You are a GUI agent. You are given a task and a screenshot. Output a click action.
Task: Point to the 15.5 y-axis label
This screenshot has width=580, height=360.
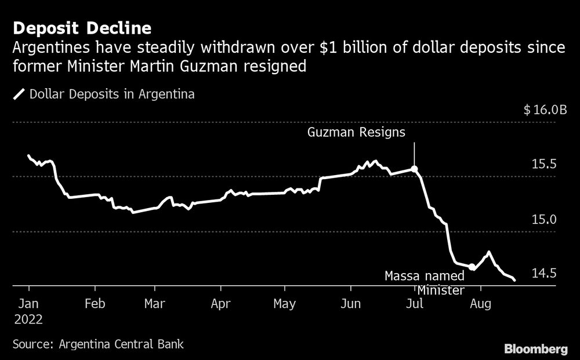(x=544, y=165)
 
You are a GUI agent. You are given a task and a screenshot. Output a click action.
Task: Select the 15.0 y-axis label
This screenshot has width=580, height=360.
(x=544, y=219)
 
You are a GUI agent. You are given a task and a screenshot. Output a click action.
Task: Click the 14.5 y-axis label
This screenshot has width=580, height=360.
(x=544, y=273)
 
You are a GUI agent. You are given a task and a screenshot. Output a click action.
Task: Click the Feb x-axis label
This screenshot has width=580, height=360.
(x=94, y=303)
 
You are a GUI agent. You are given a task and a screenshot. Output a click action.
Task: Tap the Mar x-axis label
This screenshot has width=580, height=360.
(x=154, y=303)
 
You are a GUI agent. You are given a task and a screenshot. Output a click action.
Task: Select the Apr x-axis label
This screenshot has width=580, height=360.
(x=221, y=303)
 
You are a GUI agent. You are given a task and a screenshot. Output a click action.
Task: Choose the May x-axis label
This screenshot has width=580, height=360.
(x=284, y=303)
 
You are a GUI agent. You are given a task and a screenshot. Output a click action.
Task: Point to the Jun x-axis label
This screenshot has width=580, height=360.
(x=351, y=303)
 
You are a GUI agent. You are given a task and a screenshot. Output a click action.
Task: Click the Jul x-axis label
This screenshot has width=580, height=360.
(x=414, y=303)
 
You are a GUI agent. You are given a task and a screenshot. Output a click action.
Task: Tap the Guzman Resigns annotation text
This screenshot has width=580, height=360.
(x=356, y=133)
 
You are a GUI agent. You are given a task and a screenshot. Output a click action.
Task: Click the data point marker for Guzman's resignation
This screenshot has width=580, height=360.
(x=414, y=169)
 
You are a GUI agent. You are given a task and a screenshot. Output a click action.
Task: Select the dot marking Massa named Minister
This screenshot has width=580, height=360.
(x=472, y=267)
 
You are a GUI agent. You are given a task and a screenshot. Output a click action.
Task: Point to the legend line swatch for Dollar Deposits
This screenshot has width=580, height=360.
(x=19, y=94)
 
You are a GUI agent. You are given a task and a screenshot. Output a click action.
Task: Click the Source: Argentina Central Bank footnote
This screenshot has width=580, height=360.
(x=98, y=344)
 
